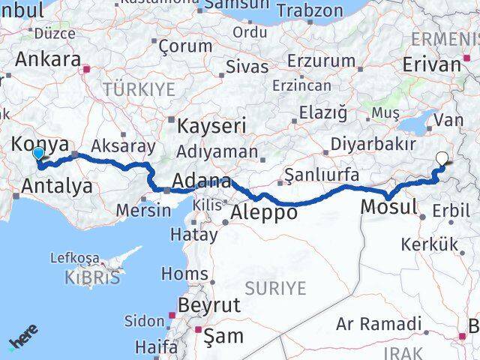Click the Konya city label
click(x=42, y=144)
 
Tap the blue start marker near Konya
click(x=38, y=154)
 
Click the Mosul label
click(x=388, y=206)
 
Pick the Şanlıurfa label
click(x=322, y=175)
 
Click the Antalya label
click(x=57, y=185)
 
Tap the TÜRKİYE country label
click(x=139, y=89)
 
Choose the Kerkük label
click(x=429, y=244)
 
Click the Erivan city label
click(x=432, y=64)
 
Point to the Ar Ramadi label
click(x=379, y=324)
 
